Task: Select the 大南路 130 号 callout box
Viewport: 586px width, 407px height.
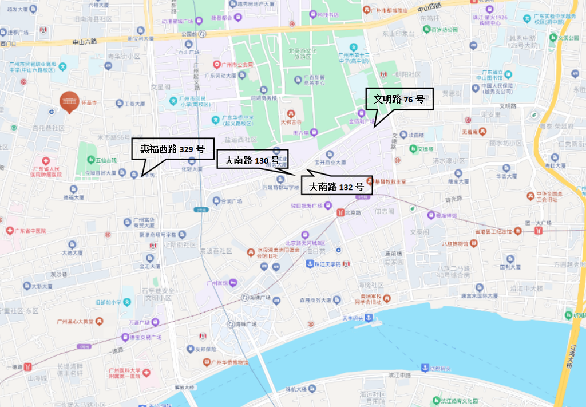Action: coord(252,160)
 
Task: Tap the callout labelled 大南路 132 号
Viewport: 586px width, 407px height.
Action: coord(336,187)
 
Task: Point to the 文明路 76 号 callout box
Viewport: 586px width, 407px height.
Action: coord(399,99)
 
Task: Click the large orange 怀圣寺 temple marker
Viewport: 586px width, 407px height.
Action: coord(70,101)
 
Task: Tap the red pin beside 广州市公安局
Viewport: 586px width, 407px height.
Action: coord(217,64)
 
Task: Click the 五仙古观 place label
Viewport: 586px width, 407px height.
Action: coord(105,160)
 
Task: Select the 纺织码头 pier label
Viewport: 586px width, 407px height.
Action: coord(438,367)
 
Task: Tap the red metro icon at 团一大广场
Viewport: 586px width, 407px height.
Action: coord(537,231)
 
